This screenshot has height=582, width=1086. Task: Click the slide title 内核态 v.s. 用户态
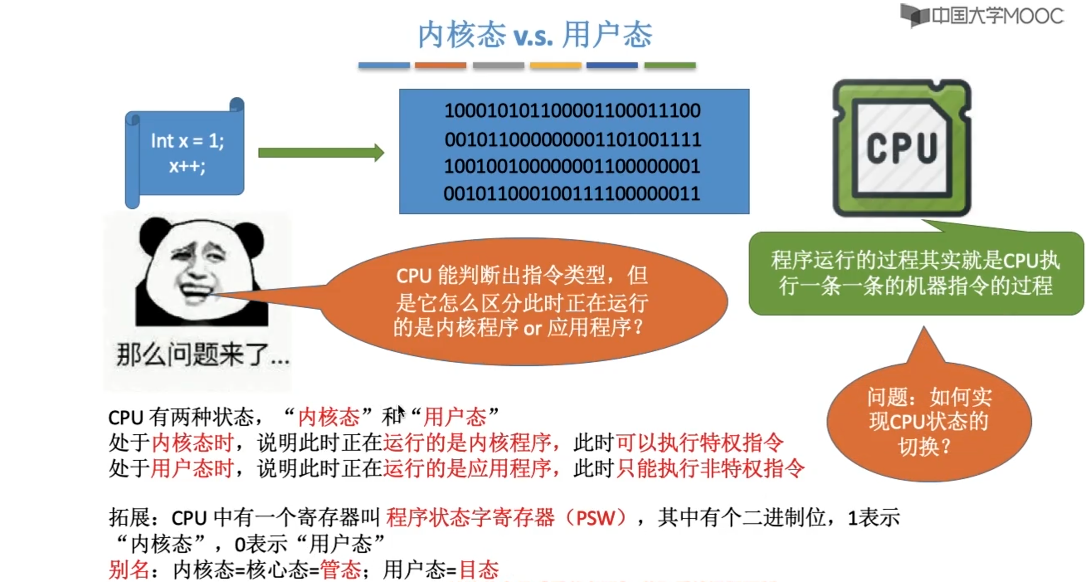pyautogui.click(x=535, y=34)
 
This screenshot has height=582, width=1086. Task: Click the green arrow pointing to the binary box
pyautogui.click(x=321, y=152)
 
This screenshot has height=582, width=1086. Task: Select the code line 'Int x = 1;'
pyautogui.click(x=187, y=141)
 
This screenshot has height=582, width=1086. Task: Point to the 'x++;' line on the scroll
pyautogui.click(x=187, y=166)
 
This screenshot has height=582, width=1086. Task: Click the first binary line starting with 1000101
pyautogui.click(x=572, y=111)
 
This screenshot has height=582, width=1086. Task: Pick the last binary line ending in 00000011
pyautogui.click(x=572, y=194)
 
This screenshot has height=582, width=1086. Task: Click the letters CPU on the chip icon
pyautogui.click(x=902, y=148)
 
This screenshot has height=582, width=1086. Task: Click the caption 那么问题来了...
pyautogui.click(x=202, y=355)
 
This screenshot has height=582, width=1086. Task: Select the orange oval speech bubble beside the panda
pyautogui.click(x=523, y=301)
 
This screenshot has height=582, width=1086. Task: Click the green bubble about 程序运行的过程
pyautogui.click(x=915, y=273)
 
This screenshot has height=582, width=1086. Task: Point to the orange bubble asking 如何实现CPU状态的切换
pyautogui.click(x=929, y=422)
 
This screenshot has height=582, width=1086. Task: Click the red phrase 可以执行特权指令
pyautogui.click(x=699, y=443)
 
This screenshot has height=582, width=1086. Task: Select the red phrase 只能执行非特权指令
pyautogui.click(x=710, y=469)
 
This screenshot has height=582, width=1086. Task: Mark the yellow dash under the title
pyautogui.click(x=555, y=65)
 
